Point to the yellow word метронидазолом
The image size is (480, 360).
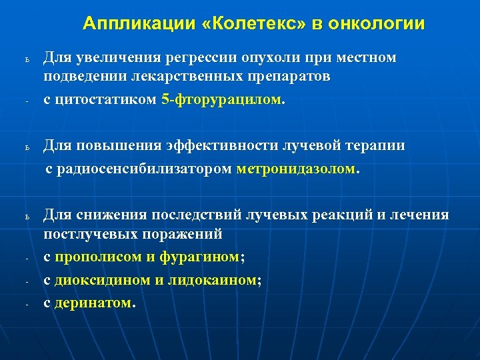pyautogui.click(x=297, y=169)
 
